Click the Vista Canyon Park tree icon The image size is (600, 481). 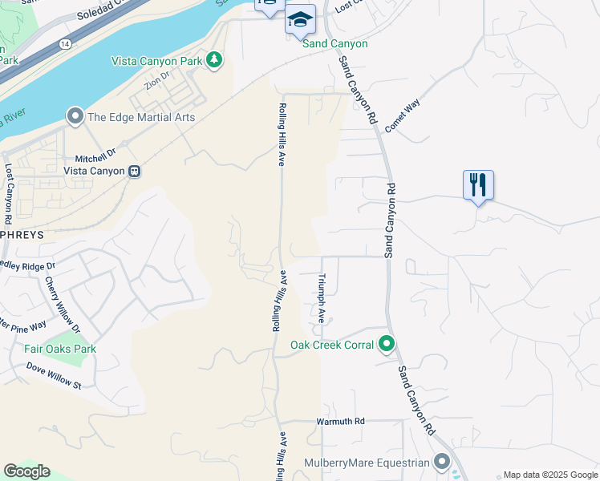[x=214, y=60]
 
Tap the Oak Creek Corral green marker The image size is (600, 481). [x=387, y=345]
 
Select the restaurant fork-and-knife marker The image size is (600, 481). [x=478, y=185]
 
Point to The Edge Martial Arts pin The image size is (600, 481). [x=75, y=117]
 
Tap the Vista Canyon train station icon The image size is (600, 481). [x=136, y=171]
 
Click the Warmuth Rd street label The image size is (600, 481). [x=340, y=421]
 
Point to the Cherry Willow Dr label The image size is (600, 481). [x=62, y=305]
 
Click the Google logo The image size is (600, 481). [x=26, y=471]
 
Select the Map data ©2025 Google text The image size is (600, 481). [x=549, y=475]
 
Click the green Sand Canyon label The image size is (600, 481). [x=334, y=43]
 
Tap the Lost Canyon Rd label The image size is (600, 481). [x=9, y=194]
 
